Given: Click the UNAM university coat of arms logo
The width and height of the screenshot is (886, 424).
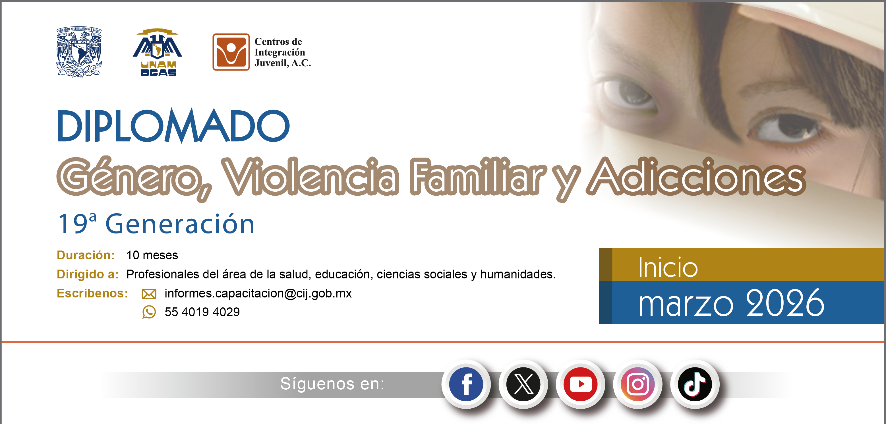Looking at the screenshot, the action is point(79,52).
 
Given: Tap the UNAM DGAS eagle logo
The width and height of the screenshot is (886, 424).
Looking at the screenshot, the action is point(158,52).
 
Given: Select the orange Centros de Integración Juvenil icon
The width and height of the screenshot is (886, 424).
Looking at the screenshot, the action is point(231,52).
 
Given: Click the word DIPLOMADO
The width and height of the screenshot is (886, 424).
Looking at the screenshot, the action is point(173,126).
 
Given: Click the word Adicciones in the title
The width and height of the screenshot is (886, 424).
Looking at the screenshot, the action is point(696,176).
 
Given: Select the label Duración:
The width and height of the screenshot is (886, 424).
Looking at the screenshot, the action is point(86,255).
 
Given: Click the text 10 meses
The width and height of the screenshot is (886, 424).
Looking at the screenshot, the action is point(152,255).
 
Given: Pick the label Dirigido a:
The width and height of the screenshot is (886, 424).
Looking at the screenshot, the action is point(88,274).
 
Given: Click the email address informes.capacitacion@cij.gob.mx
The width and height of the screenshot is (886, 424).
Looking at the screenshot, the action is point(258,293).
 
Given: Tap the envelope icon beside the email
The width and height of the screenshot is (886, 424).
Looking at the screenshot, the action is point(149,294).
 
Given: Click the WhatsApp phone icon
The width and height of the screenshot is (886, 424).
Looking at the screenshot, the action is point(149,312).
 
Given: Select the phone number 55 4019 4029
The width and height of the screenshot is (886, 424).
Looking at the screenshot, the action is point(202,312).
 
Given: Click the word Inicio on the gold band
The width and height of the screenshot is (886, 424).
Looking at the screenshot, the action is point(668,268).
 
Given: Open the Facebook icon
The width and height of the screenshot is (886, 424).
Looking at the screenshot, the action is point(466,384).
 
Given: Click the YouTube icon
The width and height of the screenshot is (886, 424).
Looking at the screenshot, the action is point(581,384).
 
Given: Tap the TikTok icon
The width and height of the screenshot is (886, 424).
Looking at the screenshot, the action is point(695,384).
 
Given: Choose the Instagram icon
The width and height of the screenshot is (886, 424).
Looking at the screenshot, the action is point(638,384).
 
